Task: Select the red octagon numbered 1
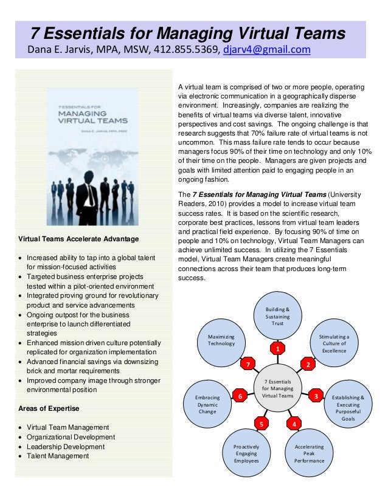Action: tap(277, 349)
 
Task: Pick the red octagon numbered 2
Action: tap(308, 365)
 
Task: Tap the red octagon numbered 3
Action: tap(316, 396)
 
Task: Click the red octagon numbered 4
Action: tap(294, 423)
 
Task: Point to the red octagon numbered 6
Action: tap(240, 396)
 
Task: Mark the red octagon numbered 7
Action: tap(248, 365)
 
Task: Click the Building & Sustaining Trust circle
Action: tap(277, 316)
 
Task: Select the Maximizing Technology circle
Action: tap(221, 340)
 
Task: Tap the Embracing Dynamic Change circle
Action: tap(207, 404)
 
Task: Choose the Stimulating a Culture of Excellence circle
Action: tap(334, 343)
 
